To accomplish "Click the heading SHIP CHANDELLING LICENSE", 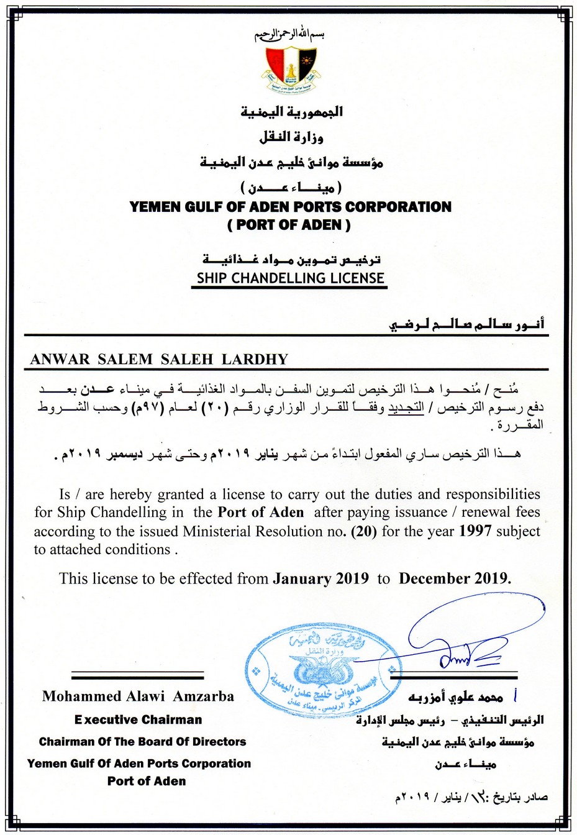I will (290, 278).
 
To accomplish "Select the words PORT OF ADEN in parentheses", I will (289, 225).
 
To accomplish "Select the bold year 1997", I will (475, 531).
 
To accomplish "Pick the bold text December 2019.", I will (455, 579).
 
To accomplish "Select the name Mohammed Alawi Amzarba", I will (138, 696).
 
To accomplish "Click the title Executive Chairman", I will (138, 720).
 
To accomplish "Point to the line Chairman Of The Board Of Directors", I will (142, 742).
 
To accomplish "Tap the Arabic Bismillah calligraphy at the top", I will (289, 35).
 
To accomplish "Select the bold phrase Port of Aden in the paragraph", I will (261, 513).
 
